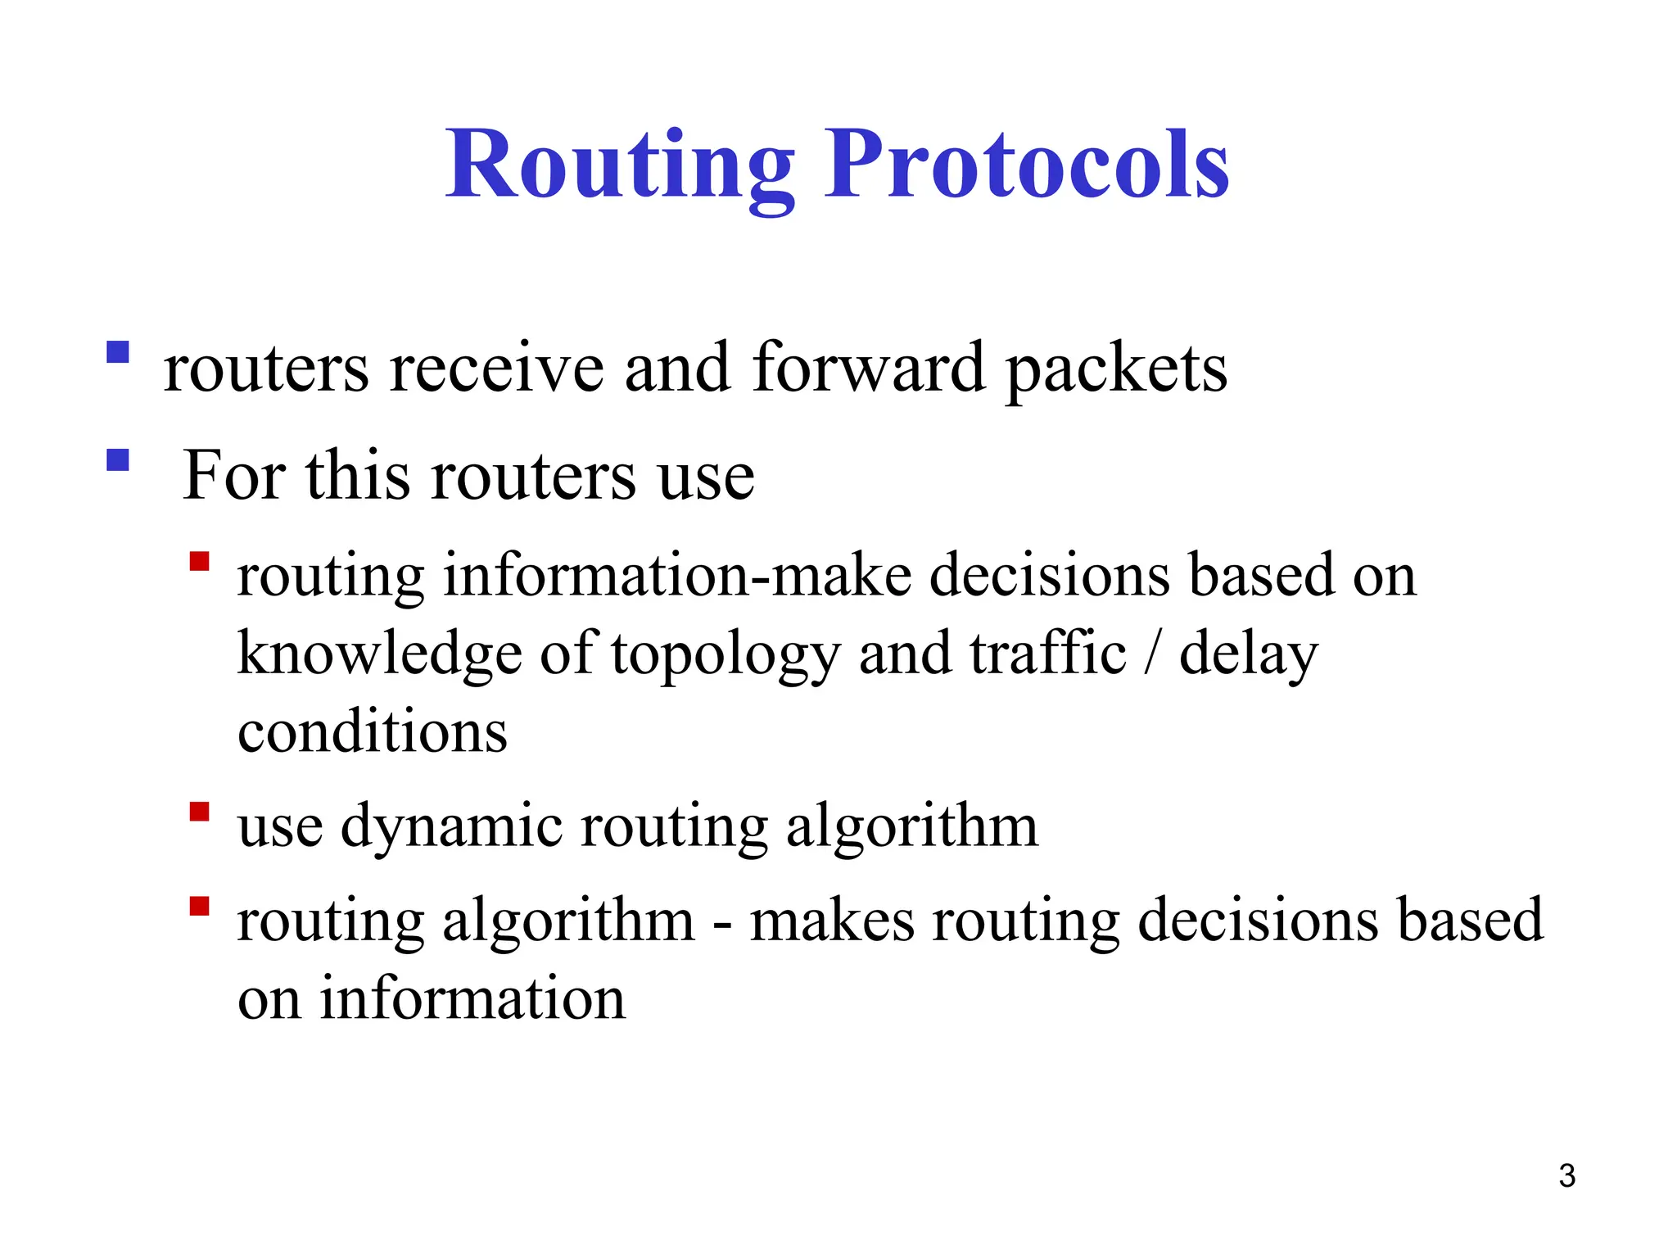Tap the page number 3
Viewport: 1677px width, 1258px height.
1566,1176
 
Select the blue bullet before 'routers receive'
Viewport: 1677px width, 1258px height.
118,352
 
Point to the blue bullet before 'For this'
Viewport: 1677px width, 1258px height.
118,459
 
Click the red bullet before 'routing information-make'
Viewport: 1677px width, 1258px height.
199,561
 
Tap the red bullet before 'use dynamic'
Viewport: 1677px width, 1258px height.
199,811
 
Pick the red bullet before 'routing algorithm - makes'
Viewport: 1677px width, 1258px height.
199,905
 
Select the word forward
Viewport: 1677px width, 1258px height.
868,368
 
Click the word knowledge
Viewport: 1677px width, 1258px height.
379,656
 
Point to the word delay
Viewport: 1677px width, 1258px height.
1249,656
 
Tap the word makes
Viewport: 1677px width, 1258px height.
832,921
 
